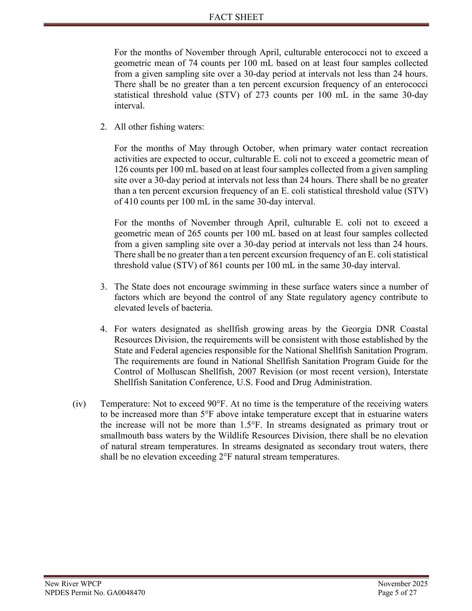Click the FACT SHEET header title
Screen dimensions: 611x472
tap(236, 17)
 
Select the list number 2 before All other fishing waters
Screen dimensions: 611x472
tap(103, 127)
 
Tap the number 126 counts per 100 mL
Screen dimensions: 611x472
tap(121, 170)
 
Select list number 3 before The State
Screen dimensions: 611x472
tap(103, 287)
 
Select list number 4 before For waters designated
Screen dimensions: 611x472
tap(103, 329)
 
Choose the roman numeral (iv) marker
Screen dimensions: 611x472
tap(79, 404)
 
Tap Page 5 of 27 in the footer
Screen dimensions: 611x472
tap(397, 592)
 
